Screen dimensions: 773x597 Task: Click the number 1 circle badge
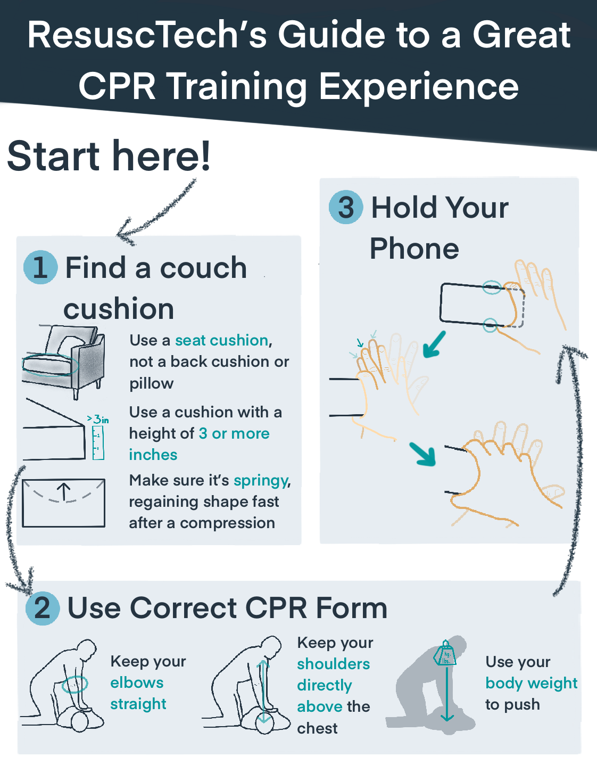(40, 267)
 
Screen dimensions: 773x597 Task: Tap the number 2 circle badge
(43, 607)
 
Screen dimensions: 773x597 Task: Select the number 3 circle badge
(346, 207)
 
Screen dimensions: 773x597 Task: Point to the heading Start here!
(109, 156)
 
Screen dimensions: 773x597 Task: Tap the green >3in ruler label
(98, 420)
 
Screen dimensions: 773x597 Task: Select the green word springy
(261, 480)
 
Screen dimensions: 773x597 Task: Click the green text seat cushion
(222, 340)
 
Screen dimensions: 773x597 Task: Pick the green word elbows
(137, 682)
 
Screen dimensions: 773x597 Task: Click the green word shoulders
(333, 664)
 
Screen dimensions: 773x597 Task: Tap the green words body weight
(531, 683)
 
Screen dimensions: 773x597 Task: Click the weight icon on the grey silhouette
(445, 654)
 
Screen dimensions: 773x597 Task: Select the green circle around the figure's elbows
(74, 684)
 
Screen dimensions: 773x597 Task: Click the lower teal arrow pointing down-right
(423, 454)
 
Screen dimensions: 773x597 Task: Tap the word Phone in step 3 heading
(414, 249)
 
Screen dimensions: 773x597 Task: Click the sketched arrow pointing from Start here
(154, 213)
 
